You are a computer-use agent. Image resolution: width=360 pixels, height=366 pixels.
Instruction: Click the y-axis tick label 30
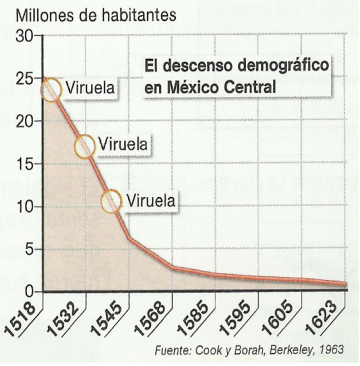[x=24, y=36]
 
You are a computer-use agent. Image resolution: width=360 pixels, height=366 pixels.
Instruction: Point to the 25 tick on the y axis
[x=24, y=79]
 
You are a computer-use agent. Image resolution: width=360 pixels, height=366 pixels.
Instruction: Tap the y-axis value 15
[x=24, y=164]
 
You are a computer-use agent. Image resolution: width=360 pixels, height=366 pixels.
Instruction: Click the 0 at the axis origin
[x=29, y=292]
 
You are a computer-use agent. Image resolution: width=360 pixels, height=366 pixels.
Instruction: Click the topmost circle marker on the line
[x=52, y=90]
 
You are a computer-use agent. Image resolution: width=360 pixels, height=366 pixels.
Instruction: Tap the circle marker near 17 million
[x=85, y=146]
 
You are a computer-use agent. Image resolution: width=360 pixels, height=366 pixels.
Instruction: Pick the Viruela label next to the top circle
[x=90, y=88]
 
